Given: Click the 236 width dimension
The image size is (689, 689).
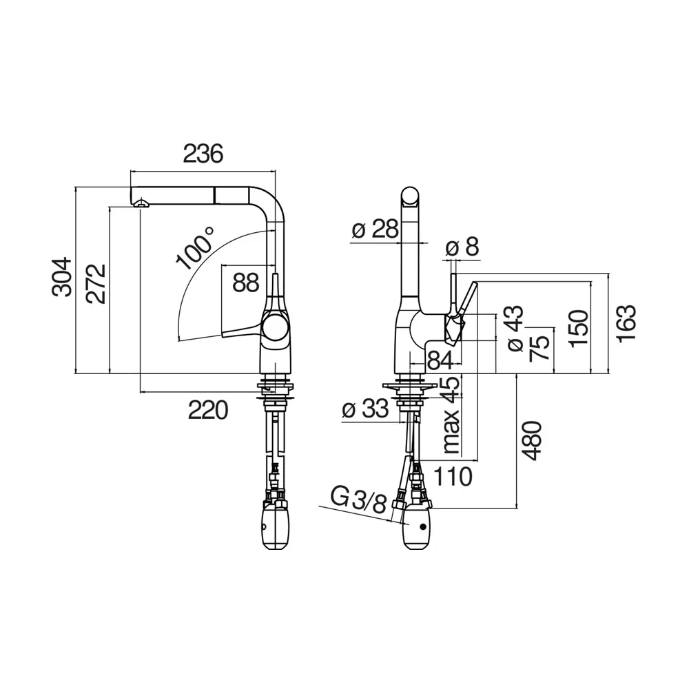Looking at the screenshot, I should coord(203,154).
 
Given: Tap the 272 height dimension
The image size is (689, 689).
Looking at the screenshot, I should coord(96,282).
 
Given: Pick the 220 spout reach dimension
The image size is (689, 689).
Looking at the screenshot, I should coord(208,411).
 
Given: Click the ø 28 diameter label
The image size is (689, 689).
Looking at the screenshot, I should coord(375,229).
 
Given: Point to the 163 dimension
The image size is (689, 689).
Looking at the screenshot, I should coord(626,324).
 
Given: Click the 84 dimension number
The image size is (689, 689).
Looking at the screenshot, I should coord(440,359).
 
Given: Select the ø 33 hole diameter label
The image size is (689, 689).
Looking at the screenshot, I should coord(366,411).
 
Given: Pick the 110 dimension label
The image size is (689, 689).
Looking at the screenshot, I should coord(452,475).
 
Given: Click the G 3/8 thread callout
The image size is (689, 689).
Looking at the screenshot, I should coord(358,500).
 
